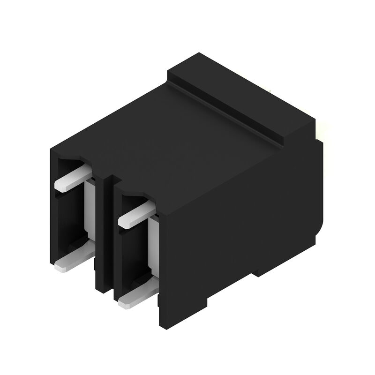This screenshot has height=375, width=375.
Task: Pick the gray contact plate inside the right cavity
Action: tap(152, 244)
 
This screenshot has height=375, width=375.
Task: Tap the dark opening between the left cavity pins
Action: tap(70, 220)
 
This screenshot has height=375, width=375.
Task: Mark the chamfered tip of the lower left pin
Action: tap(61, 268)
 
